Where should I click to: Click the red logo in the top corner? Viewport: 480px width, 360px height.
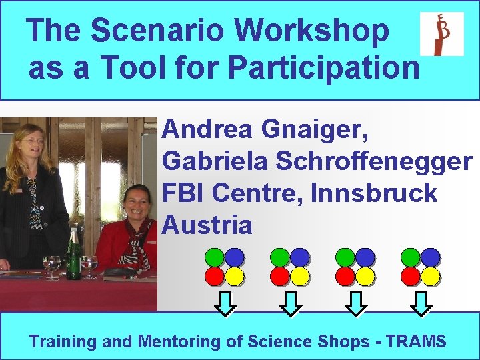pos(441,34)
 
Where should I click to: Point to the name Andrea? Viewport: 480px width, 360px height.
pos(207,129)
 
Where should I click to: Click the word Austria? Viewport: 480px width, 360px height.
pos(207,225)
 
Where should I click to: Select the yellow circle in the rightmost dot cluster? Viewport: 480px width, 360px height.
pos(430,275)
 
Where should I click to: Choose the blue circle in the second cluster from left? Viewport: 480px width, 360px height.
pos(299,257)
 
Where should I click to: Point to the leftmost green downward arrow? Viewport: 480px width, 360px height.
pos(227,303)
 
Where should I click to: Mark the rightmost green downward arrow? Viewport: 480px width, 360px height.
pos(421,303)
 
